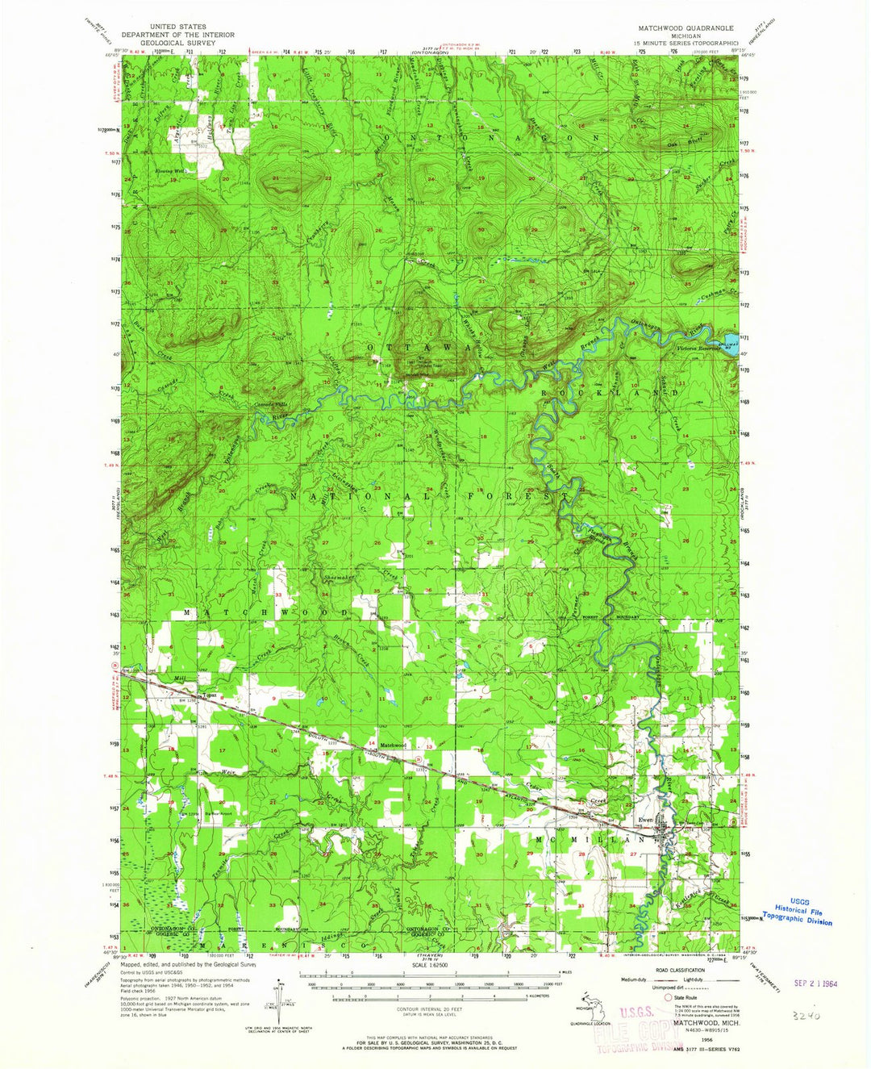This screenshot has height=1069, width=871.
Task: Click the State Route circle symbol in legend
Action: [x=667, y=997]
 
